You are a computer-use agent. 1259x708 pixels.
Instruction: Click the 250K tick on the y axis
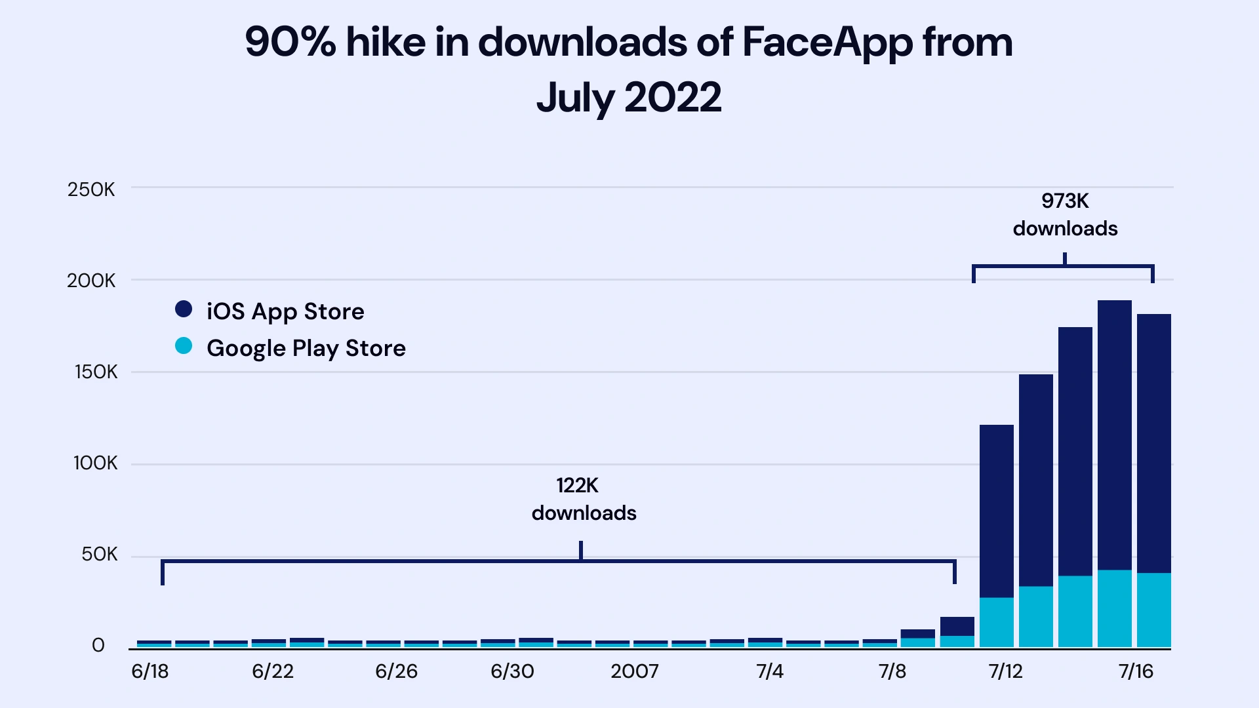pyautogui.click(x=91, y=190)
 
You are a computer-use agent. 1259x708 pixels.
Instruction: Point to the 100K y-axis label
pyautogui.click(x=95, y=463)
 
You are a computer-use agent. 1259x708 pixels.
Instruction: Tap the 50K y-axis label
pyautogui.click(x=99, y=555)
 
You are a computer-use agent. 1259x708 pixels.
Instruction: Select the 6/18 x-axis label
pyautogui.click(x=150, y=671)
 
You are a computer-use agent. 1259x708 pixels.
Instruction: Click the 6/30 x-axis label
pyautogui.click(x=512, y=671)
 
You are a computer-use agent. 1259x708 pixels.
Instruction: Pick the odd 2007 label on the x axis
pyautogui.click(x=634, y=671)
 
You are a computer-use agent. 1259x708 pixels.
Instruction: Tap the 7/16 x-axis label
pyautogui.click(x=1136, y=671)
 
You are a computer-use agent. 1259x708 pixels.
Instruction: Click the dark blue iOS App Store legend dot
pyautogui.click(x=184, y=309)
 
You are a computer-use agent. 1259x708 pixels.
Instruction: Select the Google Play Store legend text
pyautogui.click(x=306, y=348)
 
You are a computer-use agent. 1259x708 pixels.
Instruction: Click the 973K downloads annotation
pyautogui.click(x=1065, y=214)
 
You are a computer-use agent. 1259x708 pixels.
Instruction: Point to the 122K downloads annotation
pyautogui.click(x=584, y=499)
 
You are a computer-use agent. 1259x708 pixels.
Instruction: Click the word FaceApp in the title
pyautogui.click(x=827, y=43)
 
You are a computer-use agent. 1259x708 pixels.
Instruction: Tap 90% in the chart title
pyautogui.click(x=290, y=43)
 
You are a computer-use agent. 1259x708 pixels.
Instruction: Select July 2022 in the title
pyautogui.click(x=628, y=98)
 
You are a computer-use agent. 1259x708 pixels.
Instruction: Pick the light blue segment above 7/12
pyautogui.click(x=997, y=621)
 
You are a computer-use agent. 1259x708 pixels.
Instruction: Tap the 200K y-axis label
pyautogui.click(x=91, y=281)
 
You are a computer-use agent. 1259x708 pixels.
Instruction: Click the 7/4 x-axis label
pyautogui.click(x=770, y=671)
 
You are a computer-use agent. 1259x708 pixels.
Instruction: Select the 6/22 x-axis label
pyautogui.click(x=273, y=671)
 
